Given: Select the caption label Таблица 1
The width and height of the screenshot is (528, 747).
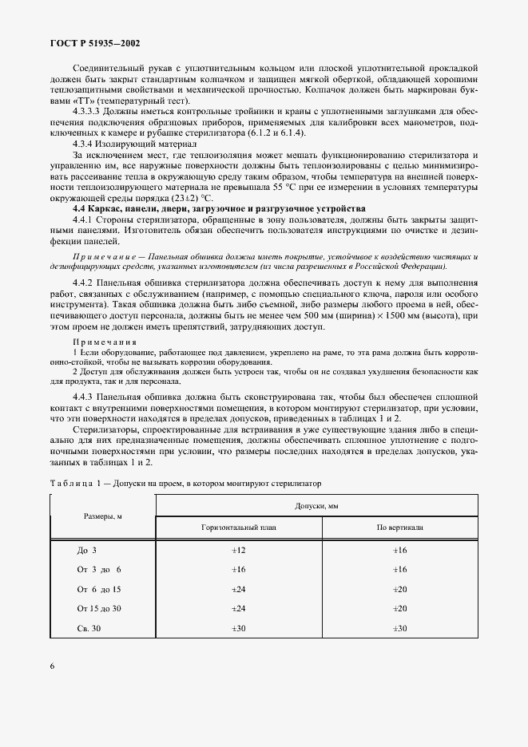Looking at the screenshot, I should click(x=77, y=483).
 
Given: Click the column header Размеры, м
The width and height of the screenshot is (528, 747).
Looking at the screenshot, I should click(x=101, y=516).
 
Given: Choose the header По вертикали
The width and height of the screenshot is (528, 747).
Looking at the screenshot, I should click(x=399, y=528).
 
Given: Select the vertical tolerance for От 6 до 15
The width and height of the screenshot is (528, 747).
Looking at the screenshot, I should click(x=399, y=589).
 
